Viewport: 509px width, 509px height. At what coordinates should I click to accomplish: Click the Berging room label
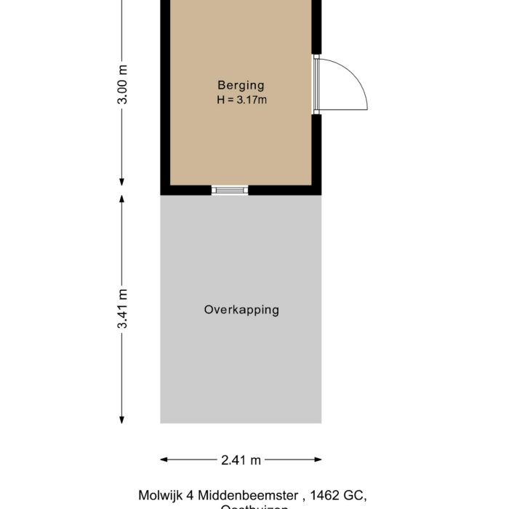241,85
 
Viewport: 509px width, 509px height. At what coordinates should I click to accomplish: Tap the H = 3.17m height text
241,100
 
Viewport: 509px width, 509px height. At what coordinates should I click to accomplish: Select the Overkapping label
241,310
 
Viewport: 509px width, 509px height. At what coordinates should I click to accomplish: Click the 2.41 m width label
241,460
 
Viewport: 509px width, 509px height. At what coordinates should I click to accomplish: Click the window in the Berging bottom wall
230,191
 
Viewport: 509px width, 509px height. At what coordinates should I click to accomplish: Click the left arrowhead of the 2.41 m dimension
164,460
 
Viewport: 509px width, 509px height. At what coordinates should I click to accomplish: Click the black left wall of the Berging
165,95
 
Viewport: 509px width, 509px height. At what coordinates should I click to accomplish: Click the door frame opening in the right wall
316,84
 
